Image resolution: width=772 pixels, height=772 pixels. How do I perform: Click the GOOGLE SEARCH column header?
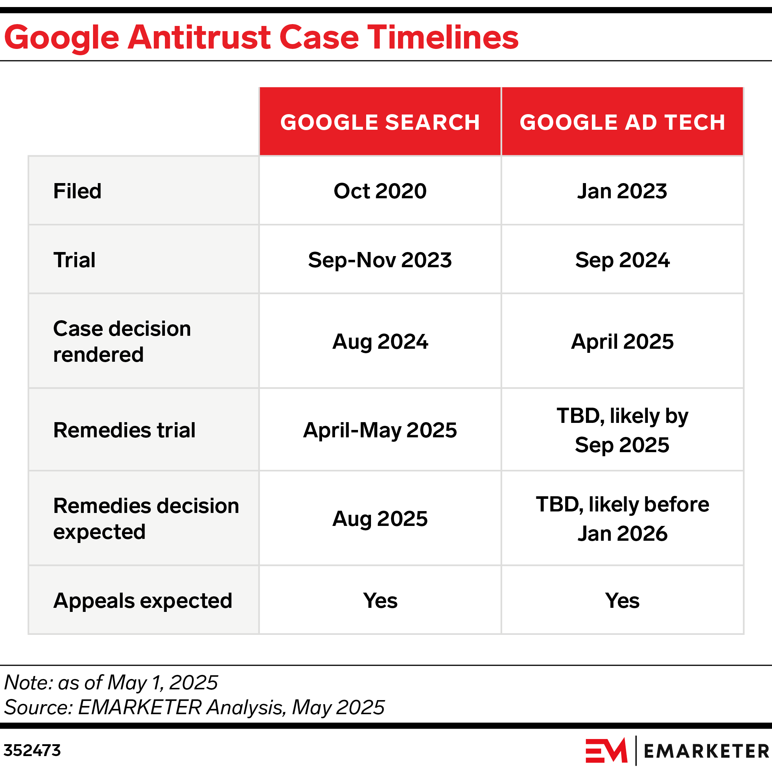point(380,122)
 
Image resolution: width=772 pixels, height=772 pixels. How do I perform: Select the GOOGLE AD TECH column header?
point(622,122)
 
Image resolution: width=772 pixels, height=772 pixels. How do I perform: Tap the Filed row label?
point(77,191)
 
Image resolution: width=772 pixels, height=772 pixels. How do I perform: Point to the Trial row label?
point(74,260)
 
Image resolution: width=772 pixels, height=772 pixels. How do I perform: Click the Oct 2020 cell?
point(380,191)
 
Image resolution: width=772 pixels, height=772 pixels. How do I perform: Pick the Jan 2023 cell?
point(622,191)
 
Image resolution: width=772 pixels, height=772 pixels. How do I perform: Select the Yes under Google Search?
point(380,600)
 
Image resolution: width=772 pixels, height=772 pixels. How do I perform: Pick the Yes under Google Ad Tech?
point(622,600)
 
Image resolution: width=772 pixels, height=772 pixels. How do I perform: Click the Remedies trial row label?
point(124,430)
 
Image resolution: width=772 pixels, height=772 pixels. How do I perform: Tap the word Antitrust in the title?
point(199,37)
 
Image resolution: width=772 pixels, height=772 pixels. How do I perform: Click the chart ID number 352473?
point(32,751)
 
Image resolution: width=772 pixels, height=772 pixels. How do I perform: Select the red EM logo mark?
point(606,751)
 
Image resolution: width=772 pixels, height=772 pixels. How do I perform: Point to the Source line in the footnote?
point(194,707)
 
